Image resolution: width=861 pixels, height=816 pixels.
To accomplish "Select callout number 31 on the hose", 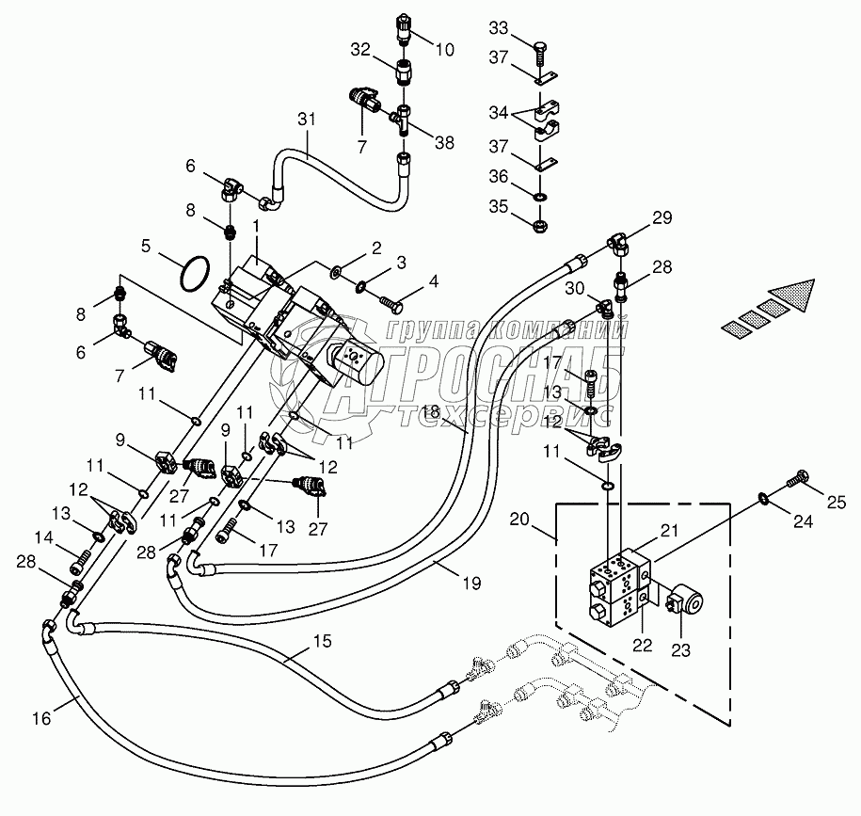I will (x=303, y=120).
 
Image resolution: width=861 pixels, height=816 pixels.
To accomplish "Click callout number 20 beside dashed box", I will (x=519, y=519).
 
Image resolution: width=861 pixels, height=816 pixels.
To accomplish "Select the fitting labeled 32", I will (x=404, y=71).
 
